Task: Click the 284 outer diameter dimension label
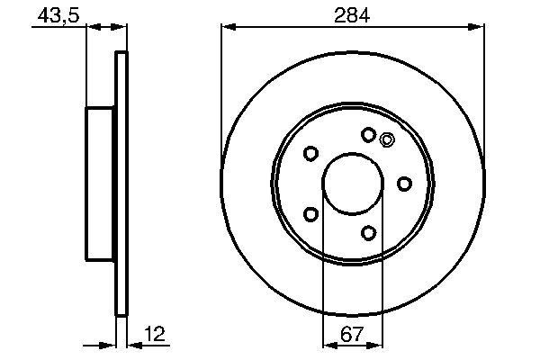(352, 14)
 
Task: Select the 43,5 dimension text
(52, 14)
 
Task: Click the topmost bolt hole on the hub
(368, 135)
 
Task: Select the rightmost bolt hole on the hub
(404, 184)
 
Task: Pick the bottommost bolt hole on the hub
(368, 233)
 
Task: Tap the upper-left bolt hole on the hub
(310, 154)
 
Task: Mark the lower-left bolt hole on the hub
(310, 214)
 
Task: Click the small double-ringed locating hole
(388, 139)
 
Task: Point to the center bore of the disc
(352, 184)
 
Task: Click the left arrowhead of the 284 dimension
(226, 28)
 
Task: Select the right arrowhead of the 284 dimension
(479, 28)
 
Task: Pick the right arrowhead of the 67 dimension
(377, 344)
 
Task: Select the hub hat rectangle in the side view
(101, 184)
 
